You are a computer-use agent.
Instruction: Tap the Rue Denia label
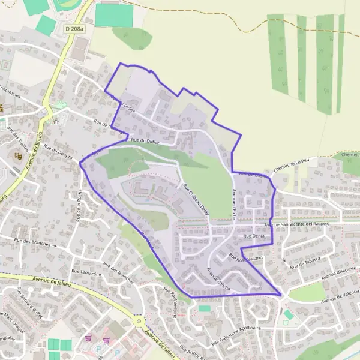(253, 237)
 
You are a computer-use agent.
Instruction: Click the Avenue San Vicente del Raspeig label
(298, 224)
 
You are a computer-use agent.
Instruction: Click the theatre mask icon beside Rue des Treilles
(18, 156)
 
